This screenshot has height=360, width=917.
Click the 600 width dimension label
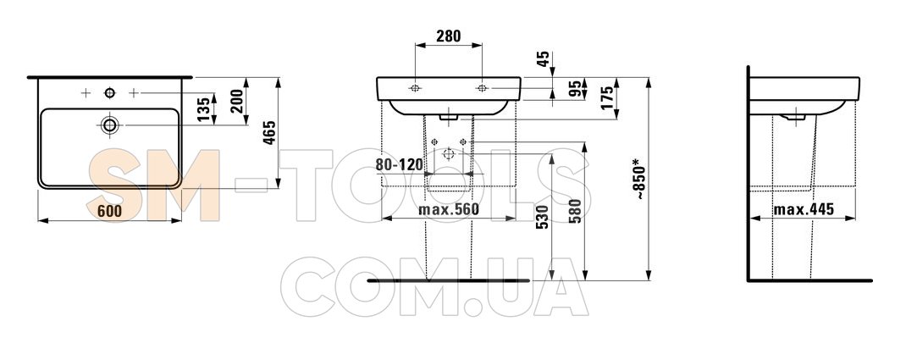click(x=110, y=211)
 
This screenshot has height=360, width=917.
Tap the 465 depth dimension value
click(x=269, y=133)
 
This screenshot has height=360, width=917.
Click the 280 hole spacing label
click(x=449, y=36)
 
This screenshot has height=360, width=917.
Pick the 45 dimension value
click(x=543, y=59)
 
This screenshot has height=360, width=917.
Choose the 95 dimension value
click(x=574, y=89)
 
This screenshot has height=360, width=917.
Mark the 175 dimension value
click(x=606, y=97)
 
